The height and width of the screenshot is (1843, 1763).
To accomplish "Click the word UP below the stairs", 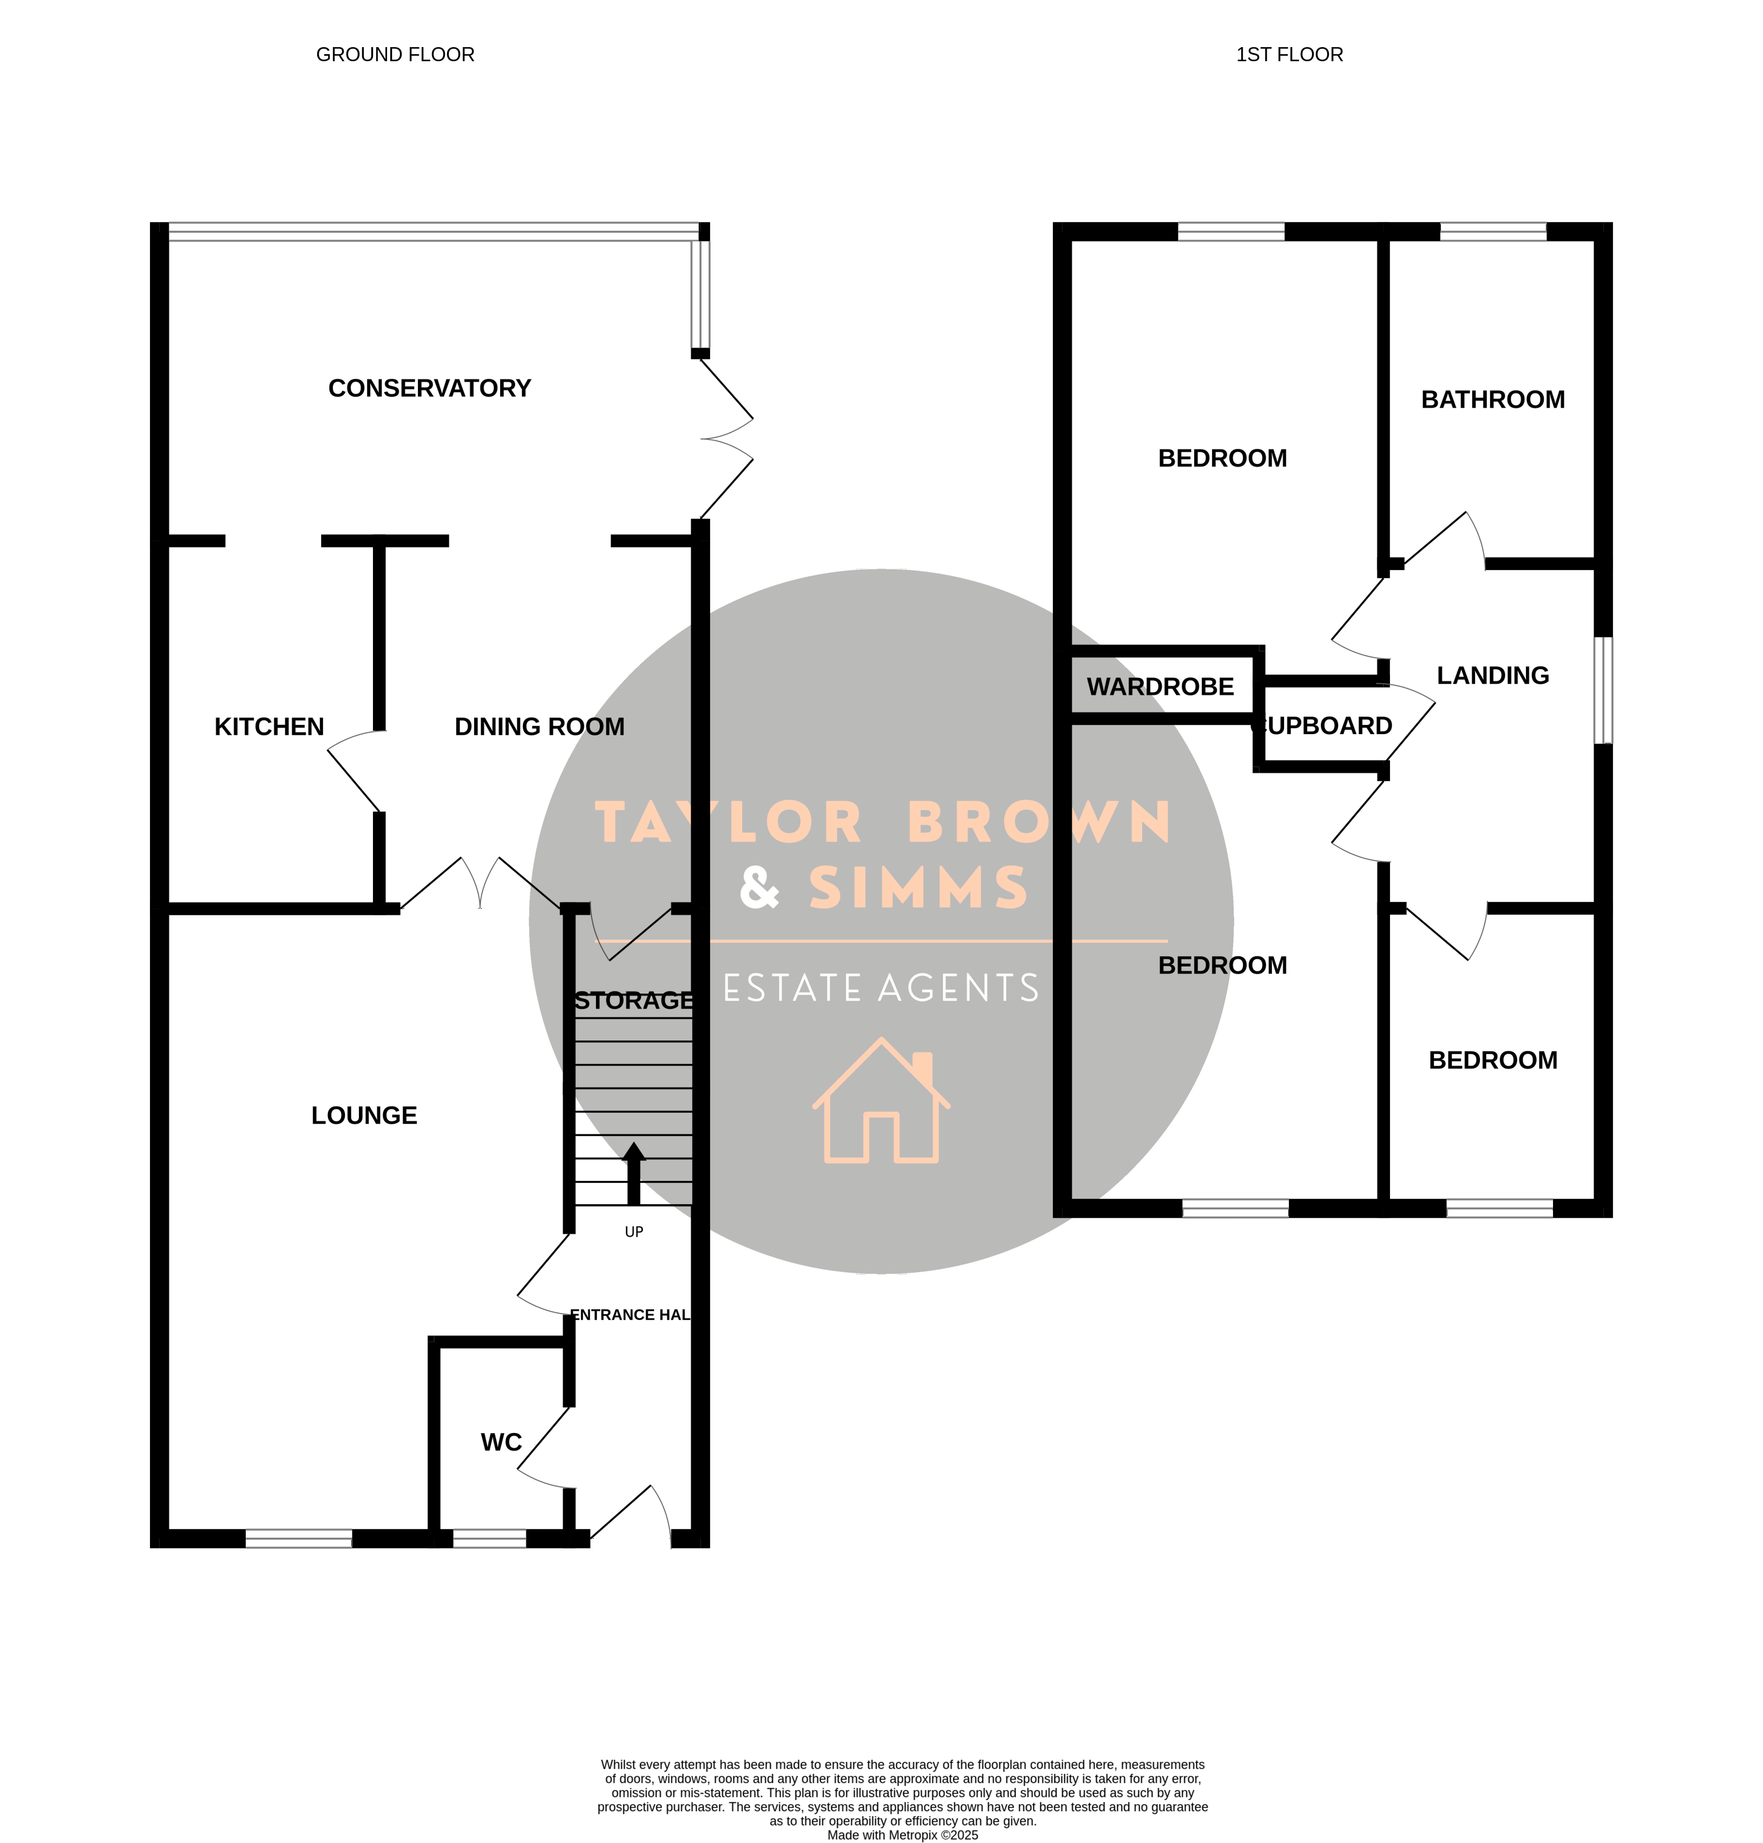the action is point(634,1232).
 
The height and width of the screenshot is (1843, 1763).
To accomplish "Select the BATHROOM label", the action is point(1493,400).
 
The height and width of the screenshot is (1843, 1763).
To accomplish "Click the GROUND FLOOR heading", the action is point(396,55).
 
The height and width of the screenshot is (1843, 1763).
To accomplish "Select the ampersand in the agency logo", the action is point(759,887).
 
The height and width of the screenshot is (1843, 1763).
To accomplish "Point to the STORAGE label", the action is point(634,1001).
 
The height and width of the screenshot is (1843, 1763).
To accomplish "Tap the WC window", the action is point(490,1539).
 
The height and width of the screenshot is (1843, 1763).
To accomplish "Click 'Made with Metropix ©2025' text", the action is point(903,1835).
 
